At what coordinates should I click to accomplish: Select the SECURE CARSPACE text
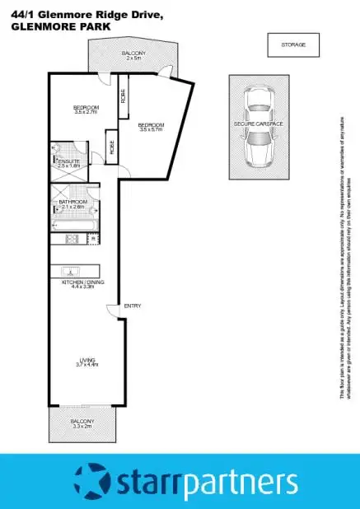pos(259,124)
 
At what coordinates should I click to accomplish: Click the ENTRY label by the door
pos(132,306)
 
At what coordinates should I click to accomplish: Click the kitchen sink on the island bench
pos(72,270)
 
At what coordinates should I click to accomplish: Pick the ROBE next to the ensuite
pos(110,147)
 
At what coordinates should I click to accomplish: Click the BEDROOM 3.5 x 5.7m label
pos(152,127)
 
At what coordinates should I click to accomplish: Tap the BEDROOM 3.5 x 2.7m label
pos(86,109)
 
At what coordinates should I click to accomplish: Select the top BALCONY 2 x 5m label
pos(133,54)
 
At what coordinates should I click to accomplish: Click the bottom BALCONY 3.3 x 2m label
pos(82,423)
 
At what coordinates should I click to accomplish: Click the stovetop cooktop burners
pos(72,240)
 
